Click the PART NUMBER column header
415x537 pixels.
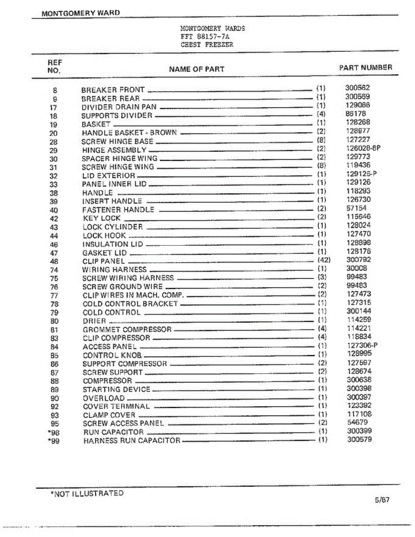click(x=365, y=68)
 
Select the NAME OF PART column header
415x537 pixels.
click(x=197, y=69)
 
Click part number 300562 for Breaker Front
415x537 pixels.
click(x=357, y=88)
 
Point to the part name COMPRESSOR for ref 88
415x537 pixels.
click(x=107, y=381)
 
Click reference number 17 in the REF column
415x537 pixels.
click(x=54, y=107)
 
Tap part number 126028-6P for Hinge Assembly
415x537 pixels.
click(x=363, y=148)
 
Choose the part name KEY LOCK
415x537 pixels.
click(x=102, y=218)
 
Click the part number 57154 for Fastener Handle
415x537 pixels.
click(x=356, y=208)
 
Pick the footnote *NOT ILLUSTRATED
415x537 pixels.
click(x=86, y=494)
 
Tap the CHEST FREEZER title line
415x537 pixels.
click(x=207, y=45)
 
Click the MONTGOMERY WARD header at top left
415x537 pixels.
click(x=81, y=13)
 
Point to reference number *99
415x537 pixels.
click(x=52, y=440)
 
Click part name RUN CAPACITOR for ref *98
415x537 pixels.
click(x=113, y=432)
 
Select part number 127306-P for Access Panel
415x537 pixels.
click(x=362, y=345)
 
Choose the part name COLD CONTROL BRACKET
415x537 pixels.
click(x=130, y=304)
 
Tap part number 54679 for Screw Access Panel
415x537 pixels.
click(x=357, y=422)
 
